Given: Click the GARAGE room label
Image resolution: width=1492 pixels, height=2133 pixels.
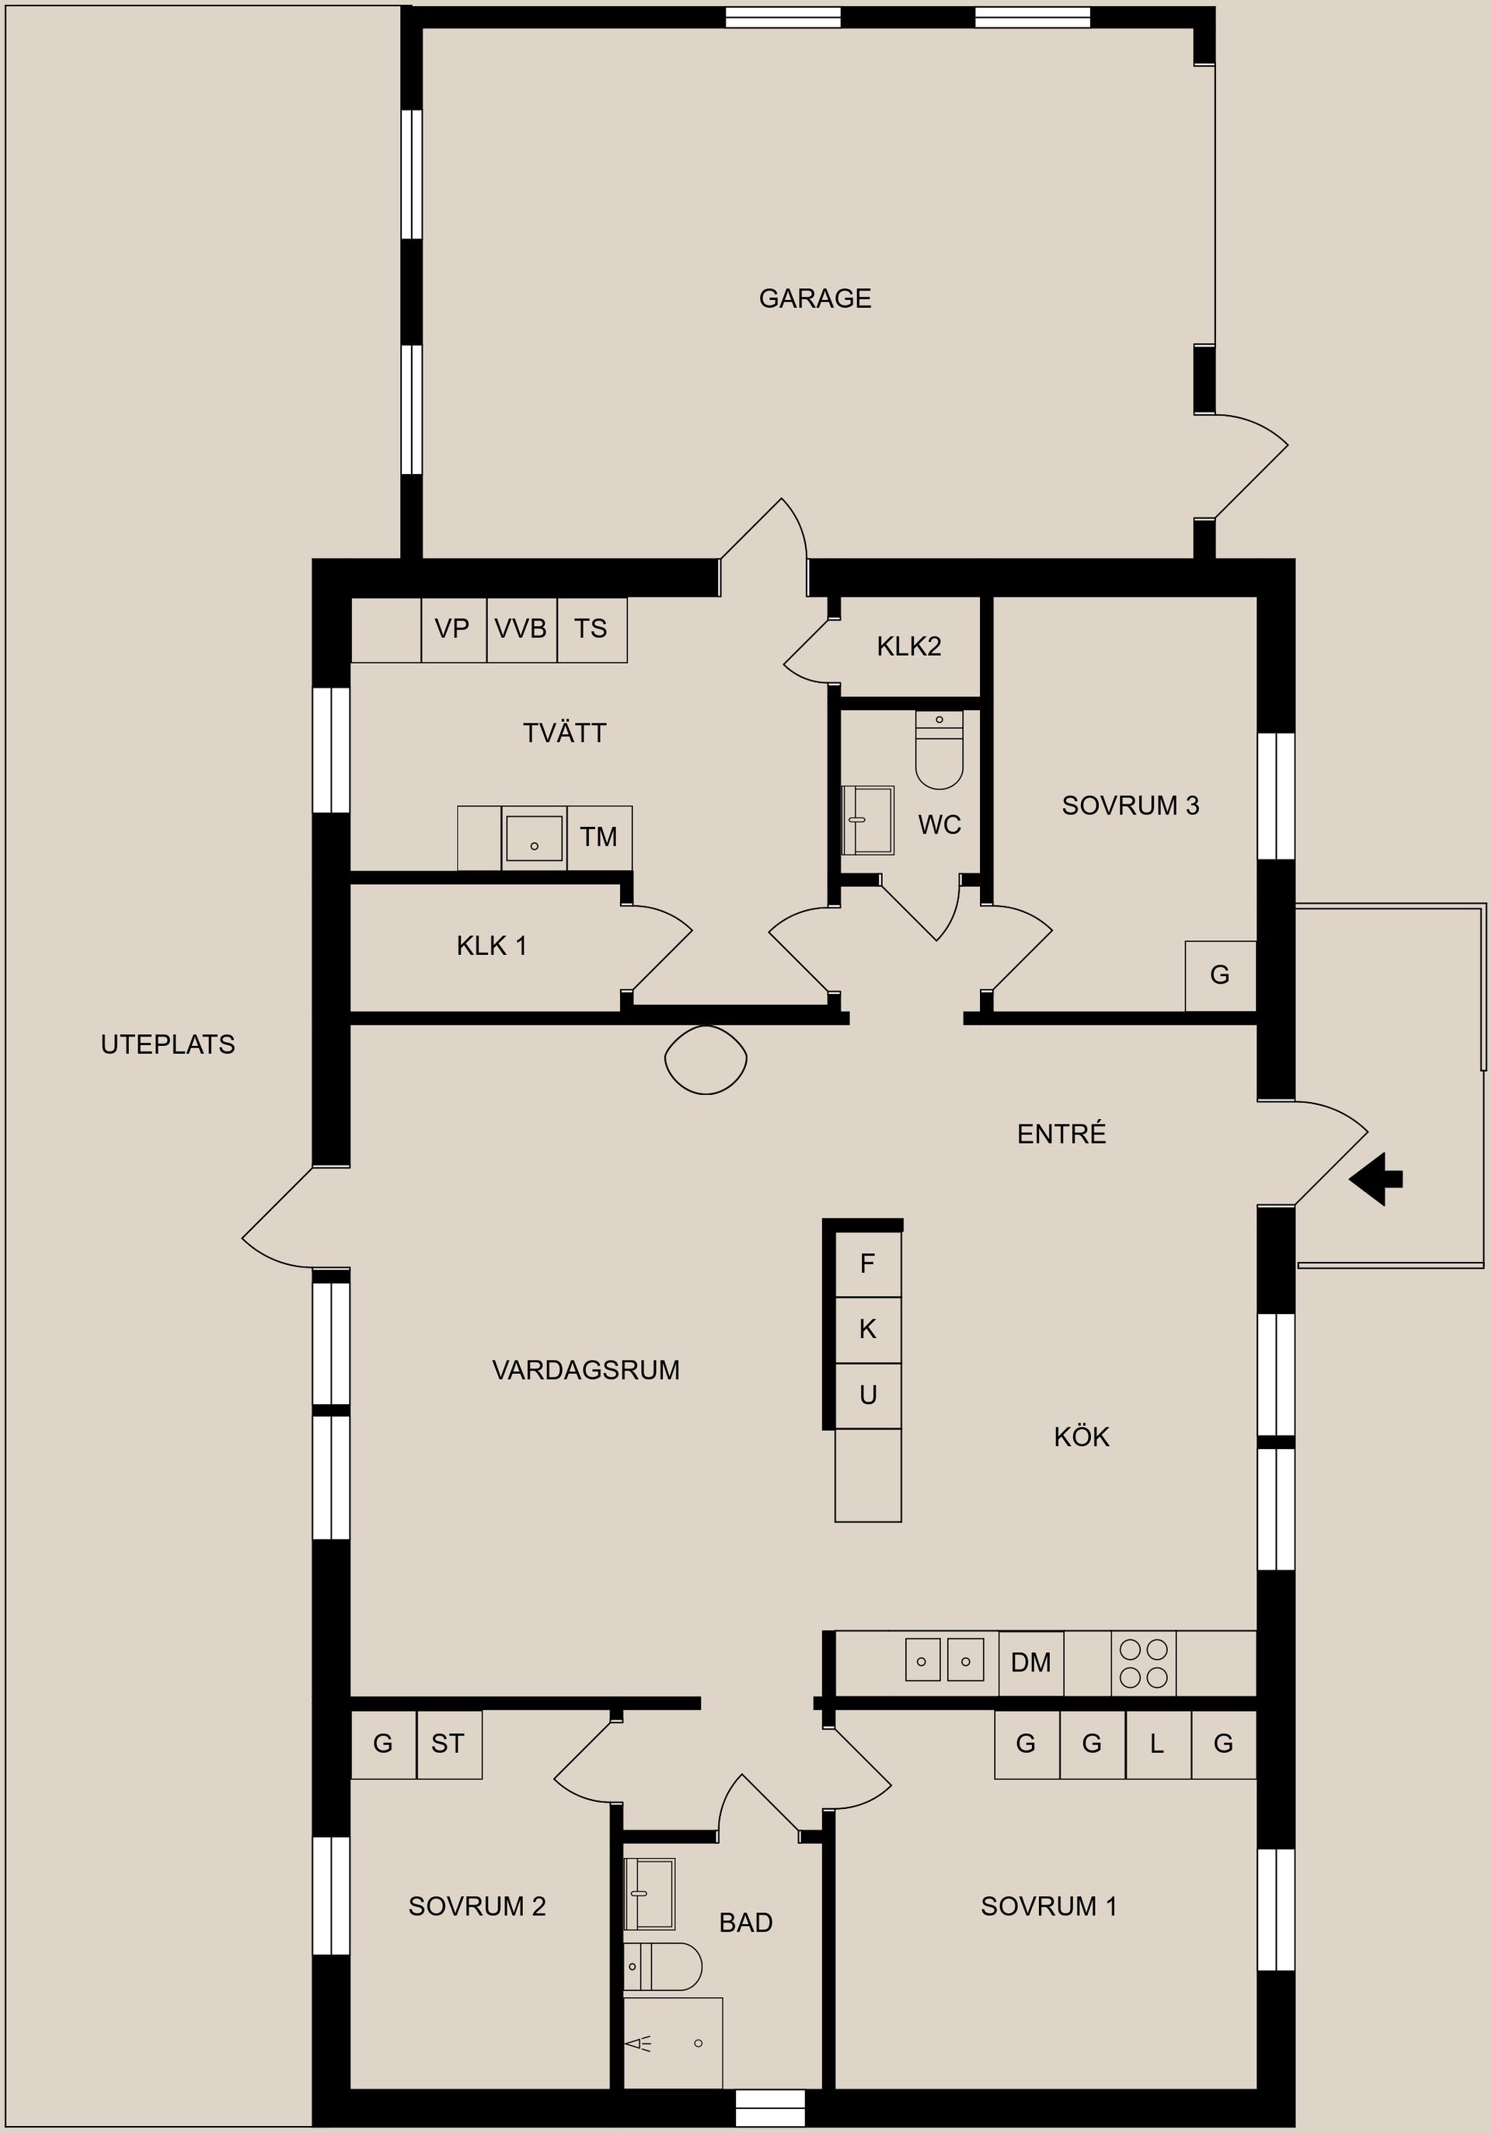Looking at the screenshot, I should [814, 298].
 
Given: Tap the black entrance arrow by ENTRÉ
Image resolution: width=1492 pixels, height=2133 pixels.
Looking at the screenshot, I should [1376, 1179].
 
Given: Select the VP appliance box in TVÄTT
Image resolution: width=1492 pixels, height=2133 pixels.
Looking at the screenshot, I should [453, 629].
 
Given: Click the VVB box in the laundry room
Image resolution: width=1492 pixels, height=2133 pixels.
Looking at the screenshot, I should [521, 629].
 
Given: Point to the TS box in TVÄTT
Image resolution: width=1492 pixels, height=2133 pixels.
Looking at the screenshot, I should [591, 629].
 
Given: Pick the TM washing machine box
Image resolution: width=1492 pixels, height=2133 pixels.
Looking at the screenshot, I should [599, 837].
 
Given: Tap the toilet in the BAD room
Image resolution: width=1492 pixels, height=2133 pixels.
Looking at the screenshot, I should [661, 1967].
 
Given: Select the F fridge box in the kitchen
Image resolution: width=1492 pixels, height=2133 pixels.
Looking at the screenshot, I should [868, 1263].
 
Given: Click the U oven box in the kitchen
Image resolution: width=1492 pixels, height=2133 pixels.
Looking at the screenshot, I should [868, 1396].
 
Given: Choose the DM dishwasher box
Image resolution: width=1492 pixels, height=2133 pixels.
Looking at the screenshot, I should [1030, 1662].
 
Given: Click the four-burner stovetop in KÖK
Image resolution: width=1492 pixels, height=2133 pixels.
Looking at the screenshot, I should [1144, 1663].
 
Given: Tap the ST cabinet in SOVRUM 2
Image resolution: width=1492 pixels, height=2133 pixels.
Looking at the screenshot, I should [448, 1744].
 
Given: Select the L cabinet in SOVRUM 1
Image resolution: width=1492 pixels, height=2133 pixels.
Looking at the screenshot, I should [1156, 1744].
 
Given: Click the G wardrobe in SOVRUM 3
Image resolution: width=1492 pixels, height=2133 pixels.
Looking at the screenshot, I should [1220, 974].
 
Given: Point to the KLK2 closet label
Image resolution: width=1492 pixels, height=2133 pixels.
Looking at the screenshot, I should [908, 647].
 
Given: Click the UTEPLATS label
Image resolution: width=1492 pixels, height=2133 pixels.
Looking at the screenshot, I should [167, 1044].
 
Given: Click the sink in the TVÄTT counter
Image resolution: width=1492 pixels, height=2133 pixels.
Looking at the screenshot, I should [534, 838].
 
